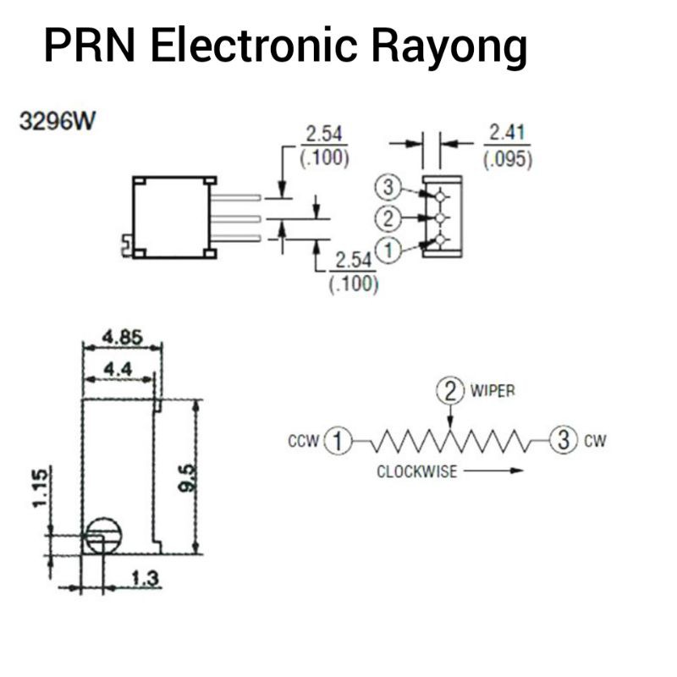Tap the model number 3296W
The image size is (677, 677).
[x=58, y=120]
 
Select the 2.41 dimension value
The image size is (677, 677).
[x=507, y=133]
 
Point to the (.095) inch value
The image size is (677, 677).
[x=508, y=159]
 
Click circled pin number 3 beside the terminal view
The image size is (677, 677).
[x=388, y=186]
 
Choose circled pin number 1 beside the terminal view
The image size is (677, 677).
[x=388, y=250]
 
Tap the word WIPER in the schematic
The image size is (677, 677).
[x=493, y=391]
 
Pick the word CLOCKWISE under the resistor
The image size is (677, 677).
[x=416, y=472]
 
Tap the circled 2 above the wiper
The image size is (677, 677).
[x=450, y=390]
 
